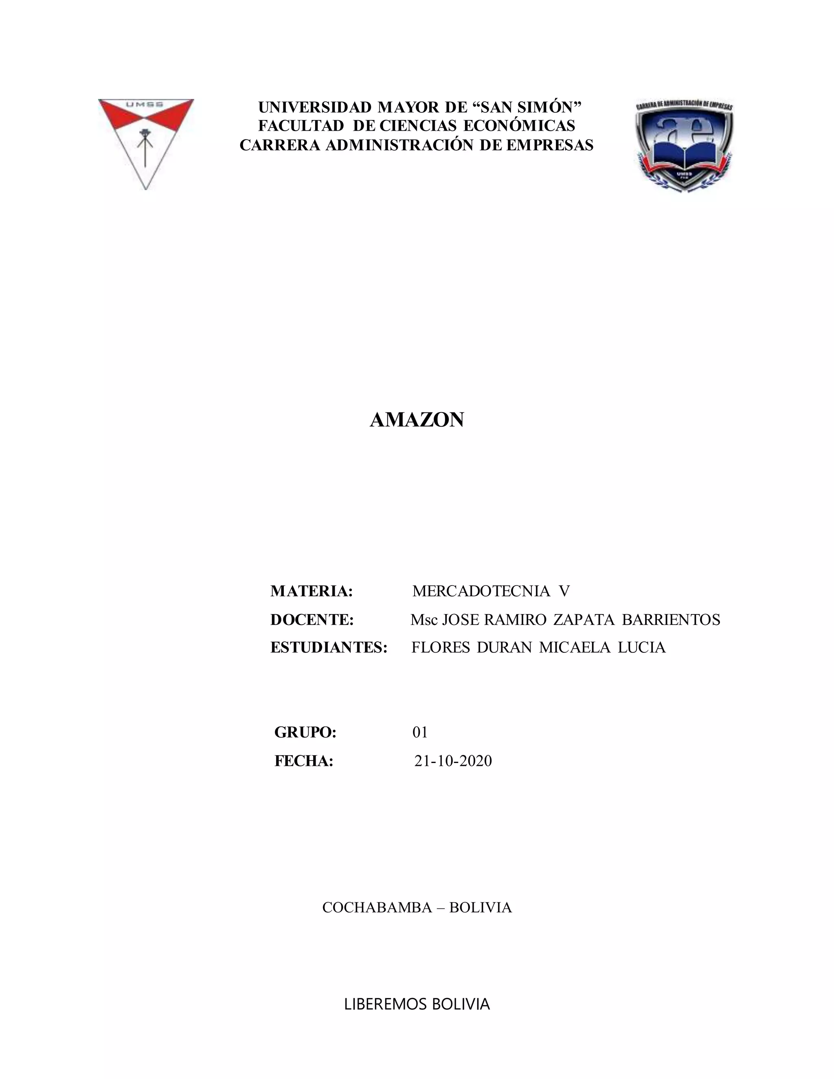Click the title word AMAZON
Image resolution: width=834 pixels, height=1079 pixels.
point(417,420)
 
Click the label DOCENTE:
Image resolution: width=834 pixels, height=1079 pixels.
point(312,620)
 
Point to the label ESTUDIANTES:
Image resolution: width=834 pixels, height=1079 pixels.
point(329,647)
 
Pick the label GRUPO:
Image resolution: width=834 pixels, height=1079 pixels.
point(305,732)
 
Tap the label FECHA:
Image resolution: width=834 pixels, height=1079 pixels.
point(304,761)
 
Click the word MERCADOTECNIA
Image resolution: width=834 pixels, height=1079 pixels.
point(481,591)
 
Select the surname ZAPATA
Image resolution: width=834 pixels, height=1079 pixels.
point(584,620)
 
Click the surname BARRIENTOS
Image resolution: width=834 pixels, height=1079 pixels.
point(671,620)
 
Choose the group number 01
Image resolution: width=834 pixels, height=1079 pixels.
point(420,732)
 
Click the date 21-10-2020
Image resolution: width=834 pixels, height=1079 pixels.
point(453,761)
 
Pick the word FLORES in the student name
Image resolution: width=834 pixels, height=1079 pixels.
point(441,647)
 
